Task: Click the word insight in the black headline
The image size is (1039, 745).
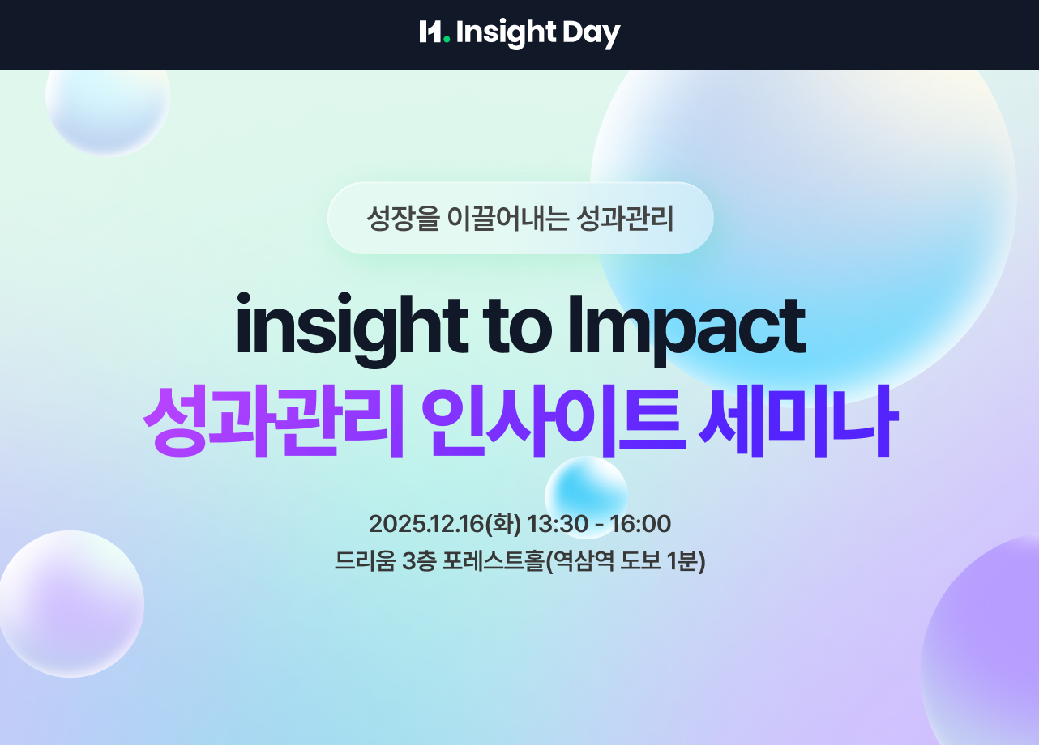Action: click(x=344, y=326)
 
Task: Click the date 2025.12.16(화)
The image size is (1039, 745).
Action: click(x=444, y=524)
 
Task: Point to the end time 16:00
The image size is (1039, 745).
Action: click(x=640, y=524)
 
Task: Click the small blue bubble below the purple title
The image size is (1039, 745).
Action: click(x=586, y=495)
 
